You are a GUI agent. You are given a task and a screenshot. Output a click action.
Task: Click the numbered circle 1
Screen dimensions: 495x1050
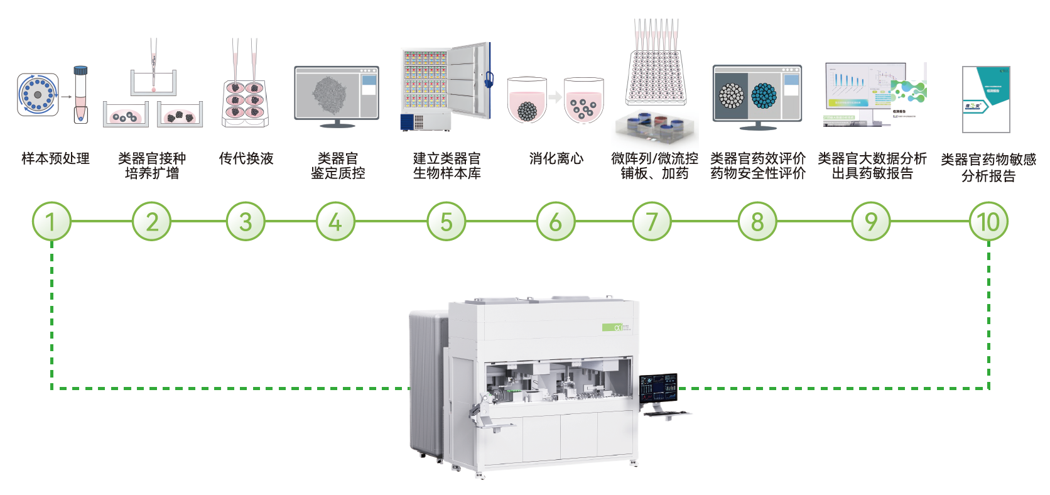(x=51, y=221)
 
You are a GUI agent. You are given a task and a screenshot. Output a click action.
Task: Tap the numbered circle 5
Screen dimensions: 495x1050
(x=447, y=221)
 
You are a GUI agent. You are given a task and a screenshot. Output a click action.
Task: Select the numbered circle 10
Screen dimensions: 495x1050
(x=988, y=221)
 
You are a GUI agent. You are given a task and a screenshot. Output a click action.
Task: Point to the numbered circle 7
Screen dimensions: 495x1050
(x=652, y=221)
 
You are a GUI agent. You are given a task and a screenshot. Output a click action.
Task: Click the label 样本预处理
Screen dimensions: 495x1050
(x=55, y=158)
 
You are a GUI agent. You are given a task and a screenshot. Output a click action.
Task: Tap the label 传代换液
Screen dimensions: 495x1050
(x=246, y=158)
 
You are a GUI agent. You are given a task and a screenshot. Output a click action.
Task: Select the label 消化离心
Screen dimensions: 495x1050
(x=556, y=158)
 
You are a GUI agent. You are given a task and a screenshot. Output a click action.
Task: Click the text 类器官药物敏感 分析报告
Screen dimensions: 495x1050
(x=988, y=167)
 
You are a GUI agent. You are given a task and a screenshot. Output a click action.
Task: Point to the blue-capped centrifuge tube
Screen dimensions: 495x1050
(x=80, y=94)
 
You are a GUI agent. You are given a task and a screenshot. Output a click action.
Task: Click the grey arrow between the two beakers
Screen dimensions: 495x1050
(x=555, y=97)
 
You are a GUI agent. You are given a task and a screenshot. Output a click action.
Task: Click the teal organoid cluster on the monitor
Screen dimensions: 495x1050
(x=764, y=95)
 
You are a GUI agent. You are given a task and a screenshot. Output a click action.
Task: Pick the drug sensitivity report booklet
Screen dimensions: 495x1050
(x=986, y=99)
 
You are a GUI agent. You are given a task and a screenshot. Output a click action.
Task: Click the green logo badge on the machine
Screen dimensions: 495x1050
(x=612, y=327)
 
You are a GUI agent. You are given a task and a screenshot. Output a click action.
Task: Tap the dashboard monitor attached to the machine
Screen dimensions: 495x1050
(x=658, y=389)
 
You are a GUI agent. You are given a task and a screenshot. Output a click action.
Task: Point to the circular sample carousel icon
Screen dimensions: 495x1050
(x=38, y=95)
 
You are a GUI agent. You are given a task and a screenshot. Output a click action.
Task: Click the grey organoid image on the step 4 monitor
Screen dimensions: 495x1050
(x=329, y=95)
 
